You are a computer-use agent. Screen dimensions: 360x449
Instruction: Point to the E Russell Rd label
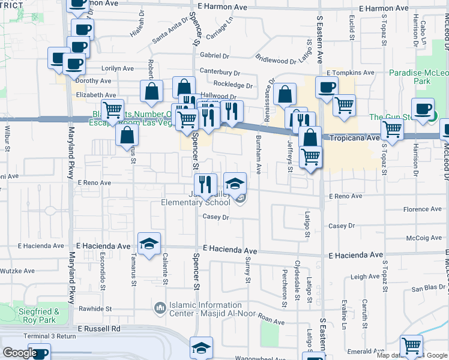[99, 329]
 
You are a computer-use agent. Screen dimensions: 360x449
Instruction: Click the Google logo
[20, 353]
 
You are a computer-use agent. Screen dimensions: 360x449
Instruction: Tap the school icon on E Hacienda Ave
[149, 244]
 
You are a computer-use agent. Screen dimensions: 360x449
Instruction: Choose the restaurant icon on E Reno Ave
[205, 185]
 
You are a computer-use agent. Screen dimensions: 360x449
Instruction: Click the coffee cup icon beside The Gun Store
[423, 109]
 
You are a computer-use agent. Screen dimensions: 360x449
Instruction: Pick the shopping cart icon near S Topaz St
[392, 128]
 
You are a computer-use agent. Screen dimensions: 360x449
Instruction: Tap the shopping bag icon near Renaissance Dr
[285, 94]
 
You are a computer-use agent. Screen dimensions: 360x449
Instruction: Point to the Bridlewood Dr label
[276, 60]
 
